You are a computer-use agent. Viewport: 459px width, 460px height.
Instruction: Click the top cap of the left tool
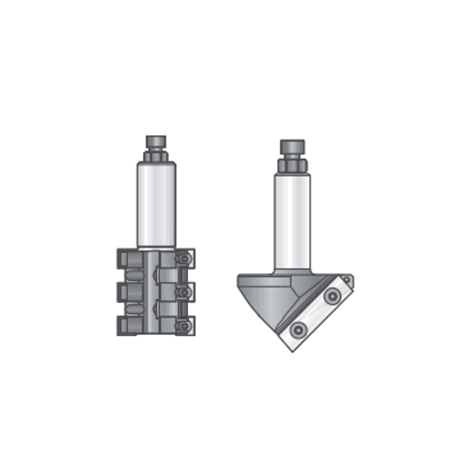(x=156, y=142)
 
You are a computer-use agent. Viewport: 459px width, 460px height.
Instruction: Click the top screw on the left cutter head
(x=183, y=259)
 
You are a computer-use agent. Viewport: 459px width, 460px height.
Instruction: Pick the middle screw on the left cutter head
(x=183, y=293)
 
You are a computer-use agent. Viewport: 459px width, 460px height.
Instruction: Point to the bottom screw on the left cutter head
(x=183, y=327)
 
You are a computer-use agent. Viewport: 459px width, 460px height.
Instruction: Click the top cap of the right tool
(x=292, y=146)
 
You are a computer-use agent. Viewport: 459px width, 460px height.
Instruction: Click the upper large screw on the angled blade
(x=332, y=295)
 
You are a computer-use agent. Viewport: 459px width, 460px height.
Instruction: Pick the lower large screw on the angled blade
(x=296, y=330)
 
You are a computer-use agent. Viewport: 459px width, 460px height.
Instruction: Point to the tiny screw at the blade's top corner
(x=347, y=281)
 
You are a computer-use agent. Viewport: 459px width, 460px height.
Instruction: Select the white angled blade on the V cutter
(x=315, y=314)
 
